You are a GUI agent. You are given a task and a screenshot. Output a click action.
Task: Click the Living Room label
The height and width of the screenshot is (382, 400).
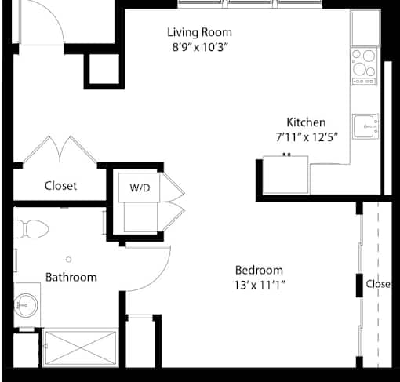pos(199,32)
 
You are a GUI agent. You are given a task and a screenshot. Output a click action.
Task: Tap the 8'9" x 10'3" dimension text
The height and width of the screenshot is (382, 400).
pos(200,47)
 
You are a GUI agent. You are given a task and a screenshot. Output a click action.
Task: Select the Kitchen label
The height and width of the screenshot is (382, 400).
pos(306,122)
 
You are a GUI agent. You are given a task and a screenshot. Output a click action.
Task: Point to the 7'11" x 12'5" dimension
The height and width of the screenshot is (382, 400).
pos(307,136)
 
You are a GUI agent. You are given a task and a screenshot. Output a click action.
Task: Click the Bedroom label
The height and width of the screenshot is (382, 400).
pos(259,270)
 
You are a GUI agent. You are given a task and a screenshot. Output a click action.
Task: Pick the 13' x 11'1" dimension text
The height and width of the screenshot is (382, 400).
pos(260,285)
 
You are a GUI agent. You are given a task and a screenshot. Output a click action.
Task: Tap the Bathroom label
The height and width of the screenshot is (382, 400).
pos(71,277)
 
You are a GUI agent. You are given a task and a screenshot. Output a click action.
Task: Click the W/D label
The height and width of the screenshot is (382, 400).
pos(140,187)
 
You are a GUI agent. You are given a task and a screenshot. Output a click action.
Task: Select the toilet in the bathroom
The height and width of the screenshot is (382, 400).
pos(31,229)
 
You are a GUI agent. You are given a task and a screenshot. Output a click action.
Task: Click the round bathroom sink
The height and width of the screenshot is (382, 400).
pos(26,305)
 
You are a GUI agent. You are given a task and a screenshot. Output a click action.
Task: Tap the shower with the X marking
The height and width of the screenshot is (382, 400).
pos(81,347)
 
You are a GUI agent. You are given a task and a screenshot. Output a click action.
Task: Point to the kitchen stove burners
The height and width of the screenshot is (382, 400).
pos(364,66)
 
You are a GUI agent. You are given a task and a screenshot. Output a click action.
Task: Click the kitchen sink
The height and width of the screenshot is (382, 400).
pos(365,126)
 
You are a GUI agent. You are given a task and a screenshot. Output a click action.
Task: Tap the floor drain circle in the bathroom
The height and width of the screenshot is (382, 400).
pos(69,260)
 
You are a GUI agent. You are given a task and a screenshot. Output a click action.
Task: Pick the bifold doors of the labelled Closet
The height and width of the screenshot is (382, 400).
pos(60,149)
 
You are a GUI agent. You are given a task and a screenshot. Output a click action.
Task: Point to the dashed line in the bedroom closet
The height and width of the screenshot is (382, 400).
pos(378,284)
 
